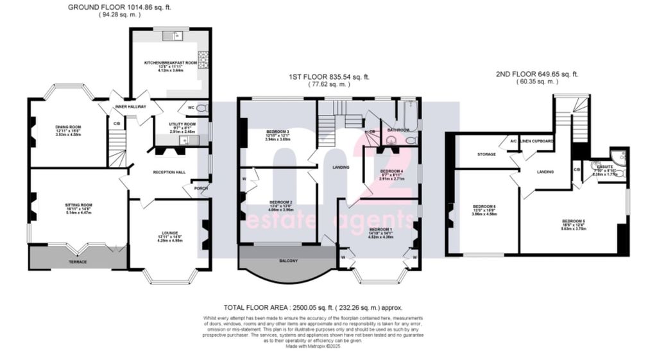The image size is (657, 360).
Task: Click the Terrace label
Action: (x=78, y=262)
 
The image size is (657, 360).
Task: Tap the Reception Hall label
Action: (x=169, y=173)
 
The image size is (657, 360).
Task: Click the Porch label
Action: (x=201, y=188)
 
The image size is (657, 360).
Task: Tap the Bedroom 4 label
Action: (x=391, y=171)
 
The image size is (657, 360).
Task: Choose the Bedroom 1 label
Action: (x=380, y=229)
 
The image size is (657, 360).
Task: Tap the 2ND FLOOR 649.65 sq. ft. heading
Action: (x=536, y=74)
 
